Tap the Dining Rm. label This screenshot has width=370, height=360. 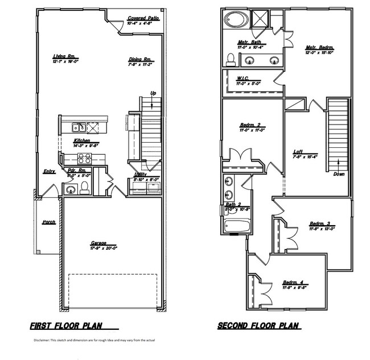(139, 59)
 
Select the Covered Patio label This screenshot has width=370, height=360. (142, 19)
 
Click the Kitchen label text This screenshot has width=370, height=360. (83, 140)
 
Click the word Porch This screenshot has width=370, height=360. (49, 222)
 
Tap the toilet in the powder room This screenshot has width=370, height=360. (84, 189)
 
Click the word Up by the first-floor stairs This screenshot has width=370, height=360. (153, 93)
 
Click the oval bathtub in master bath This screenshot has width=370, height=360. (234, 19)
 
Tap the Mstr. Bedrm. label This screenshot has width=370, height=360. (319, 48)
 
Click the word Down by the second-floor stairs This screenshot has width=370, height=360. (339, 175)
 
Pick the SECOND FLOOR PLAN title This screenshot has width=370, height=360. (260, 327)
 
